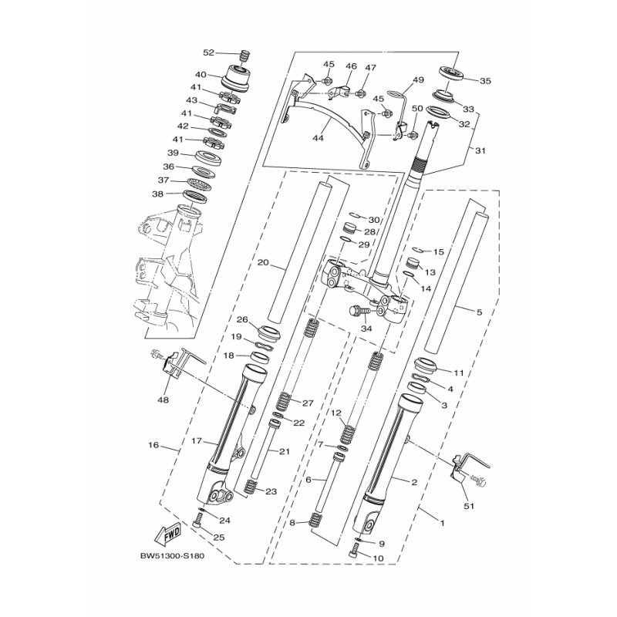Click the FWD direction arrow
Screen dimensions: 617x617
pyautogui.click(x=168, y=534)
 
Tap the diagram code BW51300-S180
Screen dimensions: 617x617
pyautogui.click(x=172, y=556)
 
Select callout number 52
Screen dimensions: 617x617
pyautogui.click(x=208, y=52)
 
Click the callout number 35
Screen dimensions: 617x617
pyautogui.click(x=486, y=81)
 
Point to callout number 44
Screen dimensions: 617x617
pyautogui.click(x=318, y=138)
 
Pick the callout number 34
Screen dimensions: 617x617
pyautogui.click(x=366, y=329)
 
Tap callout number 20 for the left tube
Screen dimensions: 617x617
pyautogui.click(x=263, y=262)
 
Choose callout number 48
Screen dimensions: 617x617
pyautogui.click(x=163, y=400)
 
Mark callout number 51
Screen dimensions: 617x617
pyautogui.click(x=469, y=506)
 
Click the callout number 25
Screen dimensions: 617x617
pyautogui.click(x=219, y=537)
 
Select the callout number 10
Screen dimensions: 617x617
pyautogui.click(x=378, y=558)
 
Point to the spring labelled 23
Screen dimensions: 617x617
pyautogui.click(x=250, y=487)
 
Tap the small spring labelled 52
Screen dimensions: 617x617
pyautogui.click(x=245, y=56)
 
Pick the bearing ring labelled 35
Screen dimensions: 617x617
pyautogui.click(x=453, y=73)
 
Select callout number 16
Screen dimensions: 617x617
pyautogui.click(x=153, y=445)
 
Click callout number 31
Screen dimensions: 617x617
pyautogui.click(x=480, y=150)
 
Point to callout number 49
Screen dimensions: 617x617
pyautogui.click(x=418, y=80)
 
